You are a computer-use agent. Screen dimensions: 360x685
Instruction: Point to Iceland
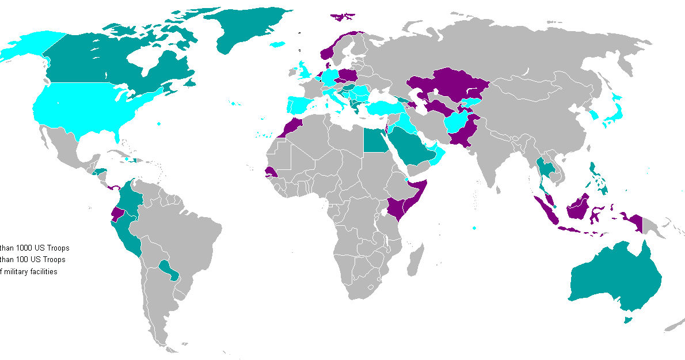click(x=277, y=44)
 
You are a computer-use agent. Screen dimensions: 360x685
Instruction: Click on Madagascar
click(x=414, y=259)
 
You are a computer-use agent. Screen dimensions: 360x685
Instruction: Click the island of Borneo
click(x=581, y=207)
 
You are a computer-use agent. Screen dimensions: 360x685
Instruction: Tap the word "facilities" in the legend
click(x=43, y=272)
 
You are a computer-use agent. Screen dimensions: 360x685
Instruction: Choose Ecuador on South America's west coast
click(x=118, y=214)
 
